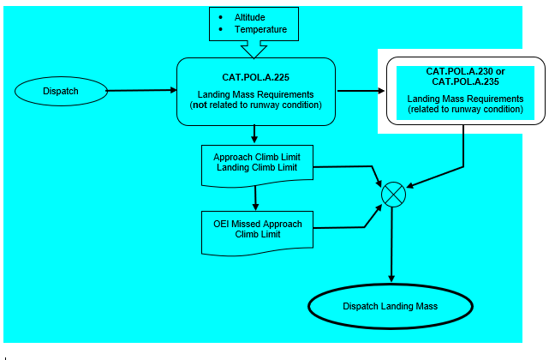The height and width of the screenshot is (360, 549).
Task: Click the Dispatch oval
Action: coord(61,89)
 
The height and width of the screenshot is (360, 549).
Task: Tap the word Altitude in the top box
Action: coord(252,17)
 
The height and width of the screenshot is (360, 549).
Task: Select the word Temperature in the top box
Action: coord(261,30)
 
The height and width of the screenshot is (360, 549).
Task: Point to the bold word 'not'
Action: coord(209,105)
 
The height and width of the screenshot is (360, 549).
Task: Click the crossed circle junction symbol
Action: coord(392,194)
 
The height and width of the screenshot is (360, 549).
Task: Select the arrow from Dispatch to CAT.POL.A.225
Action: coord(141,89)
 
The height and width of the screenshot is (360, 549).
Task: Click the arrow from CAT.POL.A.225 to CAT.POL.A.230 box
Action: coord(357,90)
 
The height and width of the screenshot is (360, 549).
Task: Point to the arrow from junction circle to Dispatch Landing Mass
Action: coord(392,244)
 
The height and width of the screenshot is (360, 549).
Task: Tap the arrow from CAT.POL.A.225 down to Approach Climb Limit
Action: coord(255,133)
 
